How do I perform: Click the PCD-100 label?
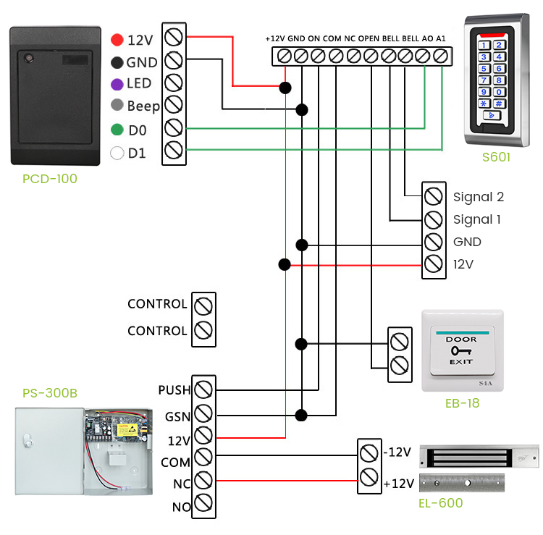pos(49,178)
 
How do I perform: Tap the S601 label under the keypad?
pos(496,156)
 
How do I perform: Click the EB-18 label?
pos(462,403)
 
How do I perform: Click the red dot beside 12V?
pos(117,39)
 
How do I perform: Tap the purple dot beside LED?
pos(117,84)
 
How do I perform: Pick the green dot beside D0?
pos(117,130)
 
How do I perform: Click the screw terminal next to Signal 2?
pos(433,196)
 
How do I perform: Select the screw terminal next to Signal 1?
pos(433,219)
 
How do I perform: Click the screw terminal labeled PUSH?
pos(203,389)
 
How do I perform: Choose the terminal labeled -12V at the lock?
pos(369,453)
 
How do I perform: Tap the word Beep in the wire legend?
pos(143,106)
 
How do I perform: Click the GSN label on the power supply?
pos(177,417)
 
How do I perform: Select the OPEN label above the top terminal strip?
pos(369,38)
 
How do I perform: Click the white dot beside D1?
pos(117,153)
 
